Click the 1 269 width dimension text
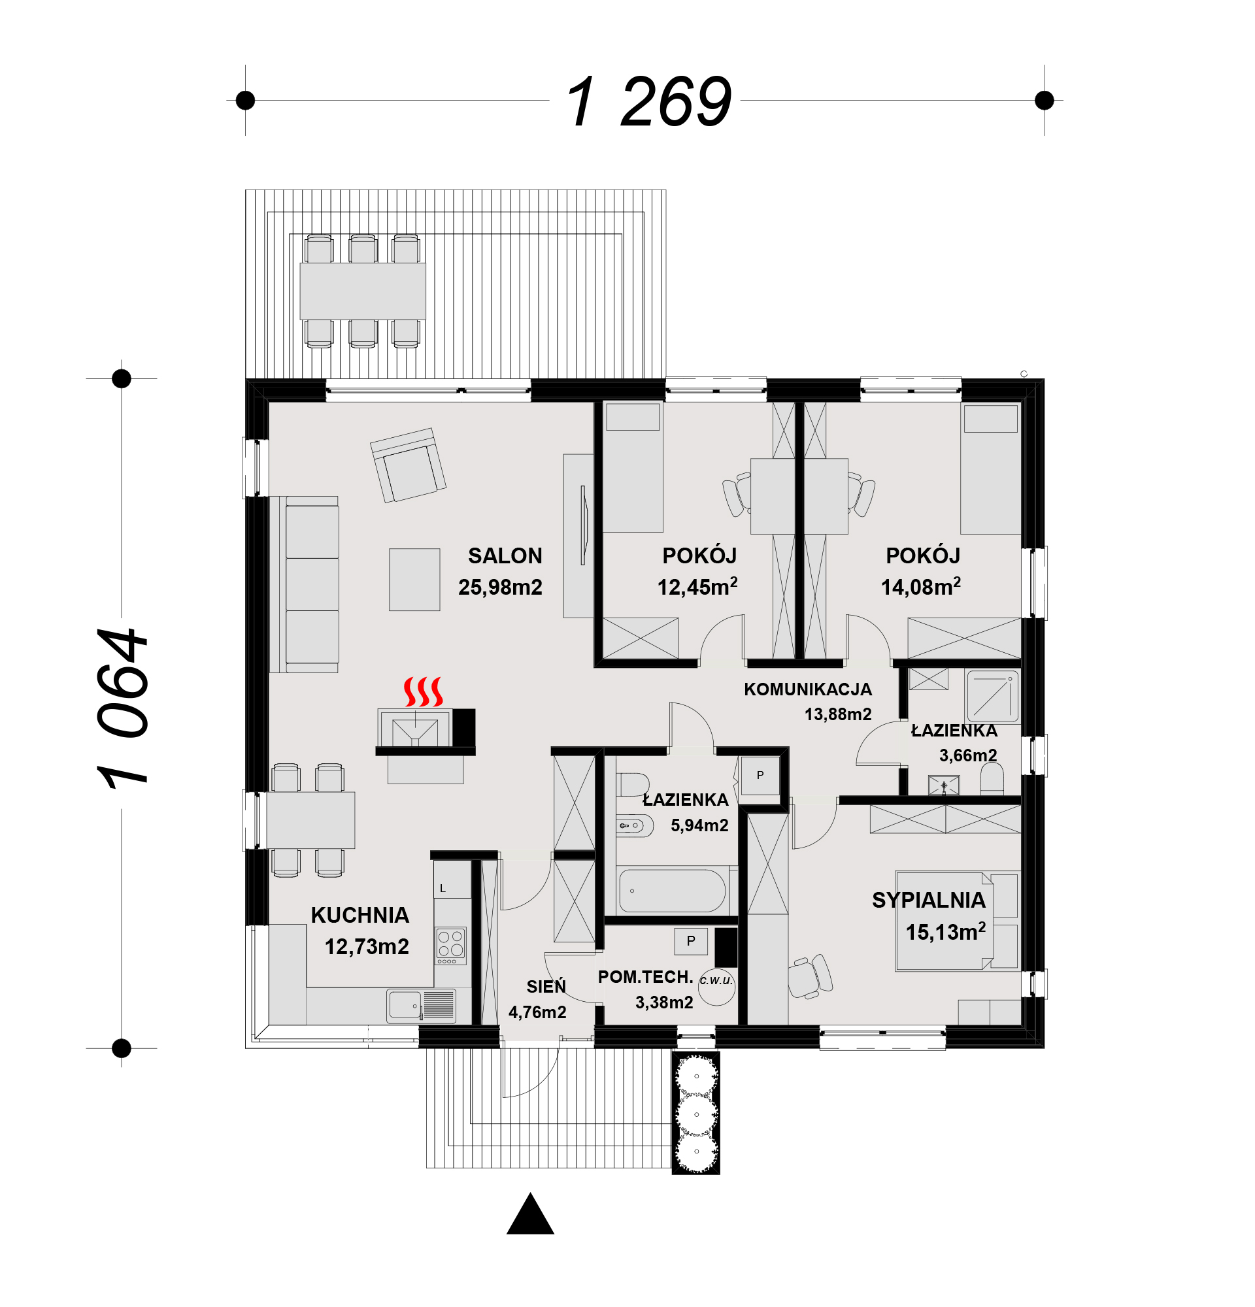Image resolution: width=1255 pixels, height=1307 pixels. tap(648, 101)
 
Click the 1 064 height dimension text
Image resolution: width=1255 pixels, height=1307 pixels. tap(122, 708)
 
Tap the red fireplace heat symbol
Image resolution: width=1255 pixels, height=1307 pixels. tap(423, 691)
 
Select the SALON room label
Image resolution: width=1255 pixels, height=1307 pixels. tap(505, 555)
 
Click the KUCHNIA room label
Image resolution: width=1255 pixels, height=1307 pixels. tap(360, 915)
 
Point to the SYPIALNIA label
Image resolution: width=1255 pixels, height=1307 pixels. tap(928, 901)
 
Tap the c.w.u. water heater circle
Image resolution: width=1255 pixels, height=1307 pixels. tap(716, 986)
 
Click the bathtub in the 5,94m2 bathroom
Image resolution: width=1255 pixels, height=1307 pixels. tap(671, 890)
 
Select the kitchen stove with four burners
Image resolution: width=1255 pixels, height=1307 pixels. tap(451, 945)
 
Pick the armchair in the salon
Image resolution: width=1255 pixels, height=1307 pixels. tap(408, 465)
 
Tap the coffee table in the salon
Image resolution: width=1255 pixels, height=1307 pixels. tap(414, 580)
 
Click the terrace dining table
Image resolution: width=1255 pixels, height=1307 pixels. tap(362, 291)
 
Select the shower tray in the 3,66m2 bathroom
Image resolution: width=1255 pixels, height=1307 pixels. tap(992, 696)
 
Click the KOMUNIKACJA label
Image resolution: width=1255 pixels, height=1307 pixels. tap(807, 689)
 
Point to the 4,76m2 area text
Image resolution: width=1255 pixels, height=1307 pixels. tap(537, 1012)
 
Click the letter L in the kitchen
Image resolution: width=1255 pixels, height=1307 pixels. tap(442, 888)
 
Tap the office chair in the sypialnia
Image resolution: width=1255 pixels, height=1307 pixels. tap(811, 978)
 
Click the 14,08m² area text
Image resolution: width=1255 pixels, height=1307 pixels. tap(920, 586)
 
